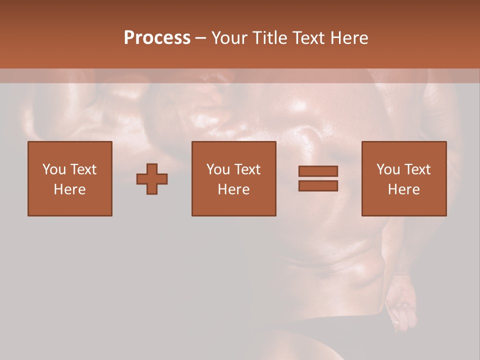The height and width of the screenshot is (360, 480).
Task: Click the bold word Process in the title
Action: pyautogui.click(x=157, y=37)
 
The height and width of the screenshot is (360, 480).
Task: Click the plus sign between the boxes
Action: pyautogui.click(x=152, y=179)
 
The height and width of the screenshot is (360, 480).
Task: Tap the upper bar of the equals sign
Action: pyautogui.click(x=318, y=171)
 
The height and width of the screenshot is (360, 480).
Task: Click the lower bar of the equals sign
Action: pyautogui.click(x=318, y=186)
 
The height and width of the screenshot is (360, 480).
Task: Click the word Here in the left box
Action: pyautogui.click(x=70, y=189)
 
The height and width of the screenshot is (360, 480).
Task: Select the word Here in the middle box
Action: pyautogui.click(x=234, y=189)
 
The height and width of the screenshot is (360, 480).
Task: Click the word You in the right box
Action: pyautogui.click(x=388, y=169)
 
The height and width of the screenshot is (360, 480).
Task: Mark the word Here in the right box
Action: pyautogui.click(x=404, y=189)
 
